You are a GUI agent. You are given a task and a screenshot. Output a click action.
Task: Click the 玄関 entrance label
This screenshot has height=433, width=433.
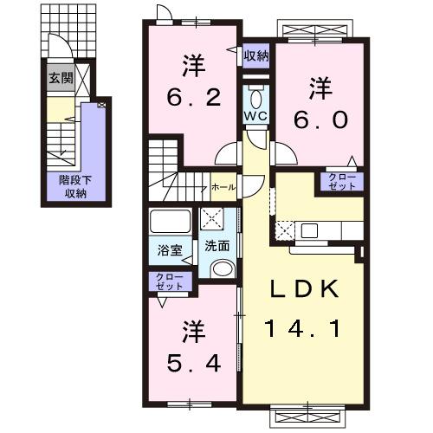point(59,79)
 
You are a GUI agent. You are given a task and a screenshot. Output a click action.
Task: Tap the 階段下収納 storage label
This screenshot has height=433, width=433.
point(73,187)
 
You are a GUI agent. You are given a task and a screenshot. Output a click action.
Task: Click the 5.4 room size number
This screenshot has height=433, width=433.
point(191,362)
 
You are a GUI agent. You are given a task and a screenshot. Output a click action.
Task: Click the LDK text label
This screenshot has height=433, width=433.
point(305,290)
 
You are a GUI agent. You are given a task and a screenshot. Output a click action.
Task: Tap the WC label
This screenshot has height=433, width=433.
point(255,114)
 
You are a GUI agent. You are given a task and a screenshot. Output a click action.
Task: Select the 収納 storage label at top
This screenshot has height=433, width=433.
point(255,56)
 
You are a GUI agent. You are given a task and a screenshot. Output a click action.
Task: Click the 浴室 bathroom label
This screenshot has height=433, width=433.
point(169,250)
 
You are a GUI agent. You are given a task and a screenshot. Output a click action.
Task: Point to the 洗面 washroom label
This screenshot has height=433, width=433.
point(216,245)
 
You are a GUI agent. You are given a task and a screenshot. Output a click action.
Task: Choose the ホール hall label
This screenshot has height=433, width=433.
point(221,186)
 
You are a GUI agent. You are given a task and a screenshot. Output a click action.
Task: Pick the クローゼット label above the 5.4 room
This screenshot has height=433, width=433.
point(170,281)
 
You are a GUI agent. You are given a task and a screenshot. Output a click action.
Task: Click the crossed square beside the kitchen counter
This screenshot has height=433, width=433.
point(286,230)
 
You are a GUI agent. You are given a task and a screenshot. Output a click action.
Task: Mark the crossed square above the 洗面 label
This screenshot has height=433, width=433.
point(212,219)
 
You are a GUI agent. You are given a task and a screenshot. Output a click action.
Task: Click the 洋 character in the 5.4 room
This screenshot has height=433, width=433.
point(191,331)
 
